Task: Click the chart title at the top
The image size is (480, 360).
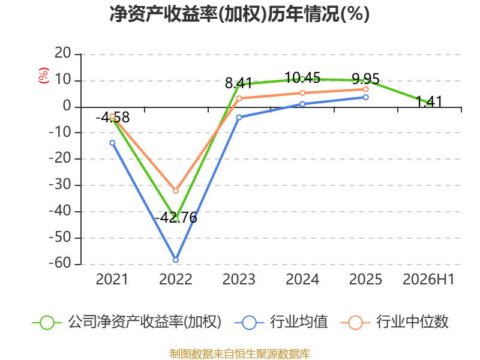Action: [x=239, y=14]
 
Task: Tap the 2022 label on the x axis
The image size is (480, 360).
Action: [x=176, y=279]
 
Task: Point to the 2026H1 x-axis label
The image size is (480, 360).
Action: [x=428, y=279]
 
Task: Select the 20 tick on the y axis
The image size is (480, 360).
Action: [x=63, y=53]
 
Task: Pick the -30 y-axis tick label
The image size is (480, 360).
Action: [x=60, y=185]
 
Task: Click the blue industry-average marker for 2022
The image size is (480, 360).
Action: [x=176, y=260]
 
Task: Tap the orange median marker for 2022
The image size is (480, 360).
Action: [x=176, y=191]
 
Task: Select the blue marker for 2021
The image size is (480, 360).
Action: [x=112, y=143]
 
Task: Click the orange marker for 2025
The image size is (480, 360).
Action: [x=365, y=89]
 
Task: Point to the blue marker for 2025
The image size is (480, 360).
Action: [x=365, y=97]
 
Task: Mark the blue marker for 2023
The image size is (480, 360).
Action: [x=239, y=117]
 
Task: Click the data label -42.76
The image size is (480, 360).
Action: [x=176, y=218]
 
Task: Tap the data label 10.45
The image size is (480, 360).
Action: [x=302, y=78]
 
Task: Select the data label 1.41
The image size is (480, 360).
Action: [x=429, y=102]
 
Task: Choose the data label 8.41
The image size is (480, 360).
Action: [x=239, y=83]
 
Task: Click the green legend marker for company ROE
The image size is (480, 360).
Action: [x=47, y=323]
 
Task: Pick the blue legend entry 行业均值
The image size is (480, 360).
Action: [x=281, y=322]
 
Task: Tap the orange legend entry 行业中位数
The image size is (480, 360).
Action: [x=394, y=322]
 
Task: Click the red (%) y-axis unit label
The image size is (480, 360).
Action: [x=43, y=76]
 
